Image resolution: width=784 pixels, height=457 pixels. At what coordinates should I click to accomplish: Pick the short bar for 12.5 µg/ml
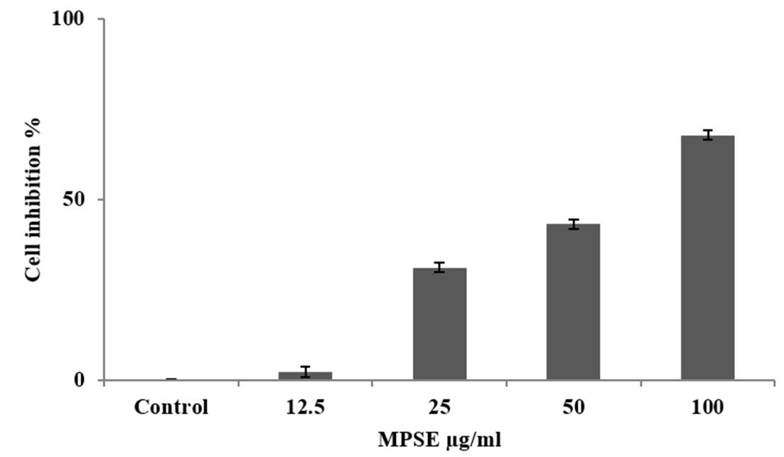point(305,376)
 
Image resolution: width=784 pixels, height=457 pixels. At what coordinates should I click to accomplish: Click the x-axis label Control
point(171,408)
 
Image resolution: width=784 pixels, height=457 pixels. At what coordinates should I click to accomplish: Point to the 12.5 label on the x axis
point(305,408)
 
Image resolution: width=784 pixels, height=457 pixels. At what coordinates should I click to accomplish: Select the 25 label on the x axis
point(439,408)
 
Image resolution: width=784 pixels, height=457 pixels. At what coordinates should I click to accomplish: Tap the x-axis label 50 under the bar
point(573,408)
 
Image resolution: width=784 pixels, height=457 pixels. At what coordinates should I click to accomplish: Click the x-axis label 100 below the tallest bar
point(707,408)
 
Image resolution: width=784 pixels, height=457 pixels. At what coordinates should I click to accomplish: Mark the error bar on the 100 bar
point(707,135)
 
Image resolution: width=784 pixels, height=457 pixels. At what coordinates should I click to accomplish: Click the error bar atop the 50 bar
point(573,224)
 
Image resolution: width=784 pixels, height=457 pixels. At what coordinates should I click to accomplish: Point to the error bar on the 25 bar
point(439,267)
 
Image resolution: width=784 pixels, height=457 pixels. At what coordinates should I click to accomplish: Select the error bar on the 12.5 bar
point(305,371)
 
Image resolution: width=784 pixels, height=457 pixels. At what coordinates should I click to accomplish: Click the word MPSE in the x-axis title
point(404,440)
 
